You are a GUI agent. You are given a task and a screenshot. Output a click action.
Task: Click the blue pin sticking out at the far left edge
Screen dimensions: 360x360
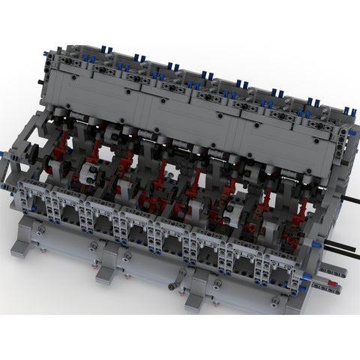pyautogui.click(x=7, y=154)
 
